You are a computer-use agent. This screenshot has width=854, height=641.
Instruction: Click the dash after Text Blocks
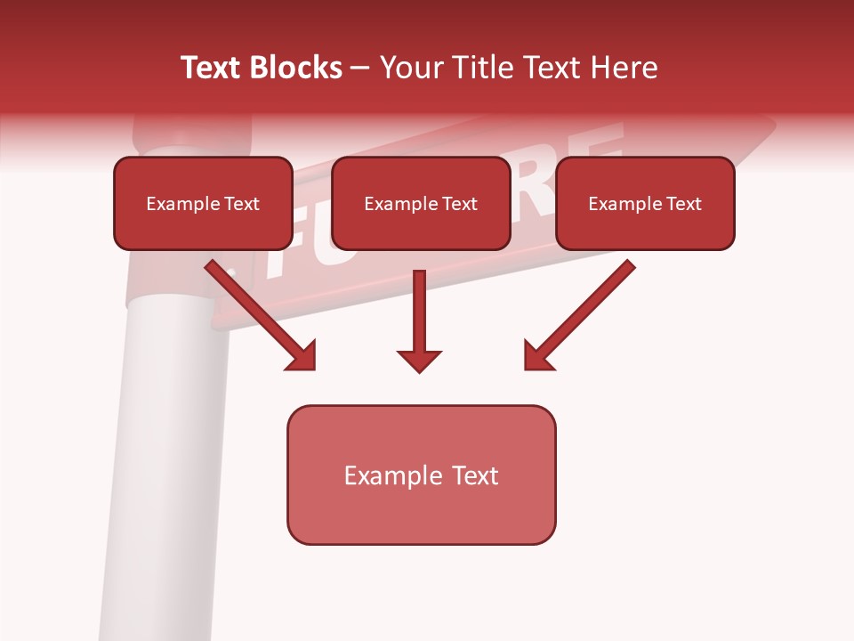click(x=360, y=69)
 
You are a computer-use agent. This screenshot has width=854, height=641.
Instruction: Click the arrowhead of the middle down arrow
click(x=419, y=361)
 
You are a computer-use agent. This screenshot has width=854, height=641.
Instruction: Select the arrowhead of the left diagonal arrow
click(x=302, y=356)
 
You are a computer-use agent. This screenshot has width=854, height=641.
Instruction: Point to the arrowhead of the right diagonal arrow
click(x=537, y=356)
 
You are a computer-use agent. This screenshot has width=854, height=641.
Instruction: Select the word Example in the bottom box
click(x=382, y=475)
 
